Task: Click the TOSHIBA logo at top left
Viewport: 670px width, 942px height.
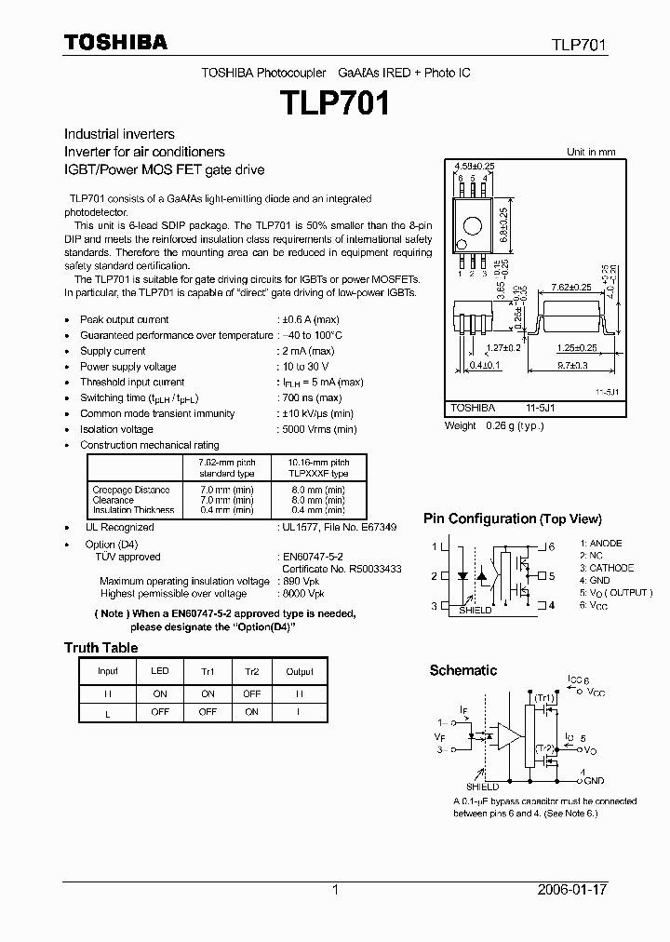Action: pos(115,42)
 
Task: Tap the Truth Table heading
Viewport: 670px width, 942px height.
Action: pos(100,648)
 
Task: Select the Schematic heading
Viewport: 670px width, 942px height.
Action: pos(462,670)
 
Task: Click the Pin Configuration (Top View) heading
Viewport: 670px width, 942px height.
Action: pos(513,519)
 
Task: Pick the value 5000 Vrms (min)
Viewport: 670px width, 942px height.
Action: pos(318,429)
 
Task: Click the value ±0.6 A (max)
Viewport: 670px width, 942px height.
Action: pos(311,319)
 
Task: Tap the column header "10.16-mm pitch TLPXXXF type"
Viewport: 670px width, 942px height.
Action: pos(318,466)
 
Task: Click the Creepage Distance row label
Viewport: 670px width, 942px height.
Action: pos(131,490)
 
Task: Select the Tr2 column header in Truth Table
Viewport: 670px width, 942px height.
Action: pos(251,671)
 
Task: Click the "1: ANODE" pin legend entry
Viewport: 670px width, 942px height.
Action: pos(601,544)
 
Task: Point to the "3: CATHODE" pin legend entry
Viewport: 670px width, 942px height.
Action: pos(607,568)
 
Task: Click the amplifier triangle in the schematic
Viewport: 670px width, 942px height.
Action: pos(508,734)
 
